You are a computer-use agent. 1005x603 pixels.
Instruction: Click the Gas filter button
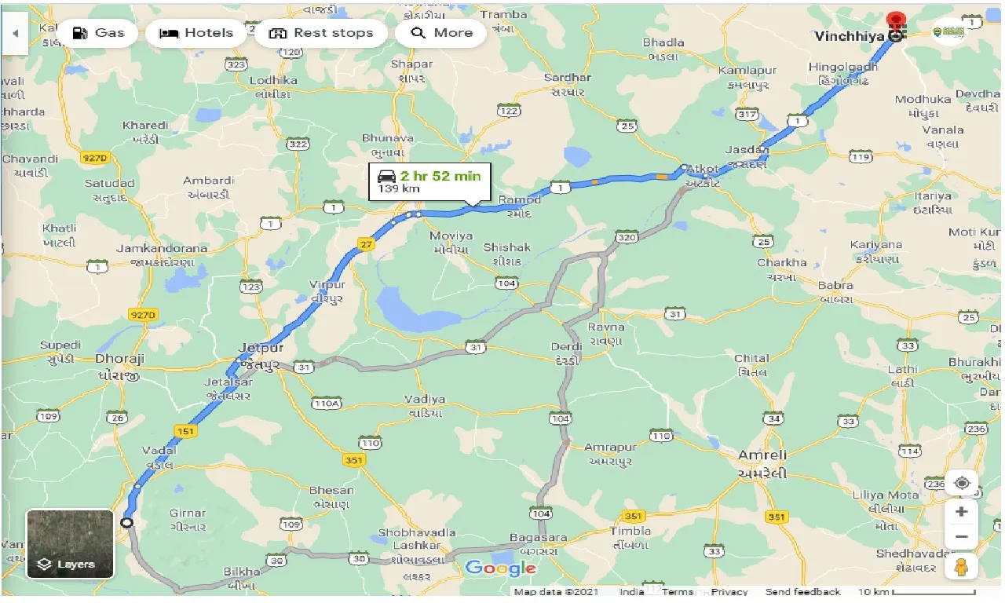[x=98, y=33]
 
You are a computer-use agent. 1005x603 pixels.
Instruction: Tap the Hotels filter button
[x=196, y=33]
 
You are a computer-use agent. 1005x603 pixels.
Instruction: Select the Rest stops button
[x=320, y=33]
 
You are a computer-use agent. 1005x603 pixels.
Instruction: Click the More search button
[x=441, y=33]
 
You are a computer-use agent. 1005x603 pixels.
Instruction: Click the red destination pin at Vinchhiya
[x=894, y=21]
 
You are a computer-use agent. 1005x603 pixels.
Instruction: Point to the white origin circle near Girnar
[x=126, y=522]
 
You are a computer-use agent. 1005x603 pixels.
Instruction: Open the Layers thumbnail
[x=70, y=543]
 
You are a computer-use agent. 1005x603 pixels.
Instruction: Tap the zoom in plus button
[x=961, y=512]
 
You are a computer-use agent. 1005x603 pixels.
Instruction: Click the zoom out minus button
[x=961, y=538]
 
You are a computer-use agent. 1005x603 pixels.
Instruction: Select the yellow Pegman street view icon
[x=961, y=567]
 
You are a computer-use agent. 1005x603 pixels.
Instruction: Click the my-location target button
[x=961, y=483]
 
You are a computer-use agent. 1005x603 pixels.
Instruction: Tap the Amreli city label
[x=761, y=455]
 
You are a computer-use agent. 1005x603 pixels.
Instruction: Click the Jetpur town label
[x=261, y=348]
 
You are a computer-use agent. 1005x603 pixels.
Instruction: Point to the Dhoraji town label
[x=119, y=359]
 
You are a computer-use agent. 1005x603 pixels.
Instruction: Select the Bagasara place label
[x=538, y=538]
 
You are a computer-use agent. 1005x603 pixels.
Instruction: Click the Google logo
[x=500, y=568]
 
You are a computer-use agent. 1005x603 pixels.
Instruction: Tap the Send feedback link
[x=802, y=592]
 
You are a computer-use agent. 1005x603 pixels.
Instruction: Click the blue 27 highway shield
[x=366, y=244]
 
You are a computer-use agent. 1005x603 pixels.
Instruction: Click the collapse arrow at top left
[x=15, y=34]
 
